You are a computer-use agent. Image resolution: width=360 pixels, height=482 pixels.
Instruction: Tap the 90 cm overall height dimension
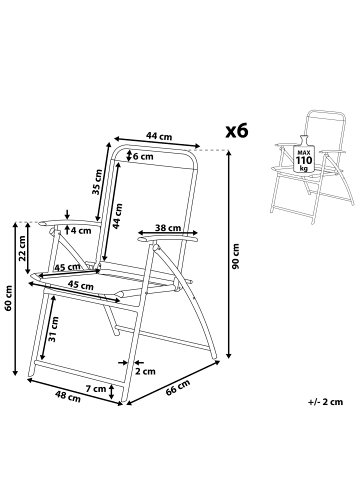click(x=236, y=257)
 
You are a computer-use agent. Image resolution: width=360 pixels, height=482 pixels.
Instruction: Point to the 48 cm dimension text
click(x=66, y=396)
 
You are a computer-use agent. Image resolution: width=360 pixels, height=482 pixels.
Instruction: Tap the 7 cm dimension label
click(x=96, y=388)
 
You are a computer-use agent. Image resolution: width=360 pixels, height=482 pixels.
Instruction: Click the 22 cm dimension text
click(x=23, y=248)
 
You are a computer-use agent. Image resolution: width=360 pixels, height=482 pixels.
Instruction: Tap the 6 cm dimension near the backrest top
click(x=143, y=157)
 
